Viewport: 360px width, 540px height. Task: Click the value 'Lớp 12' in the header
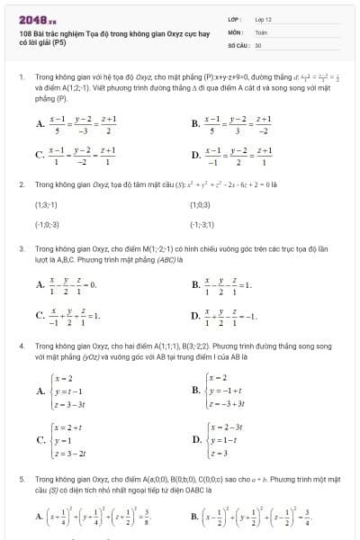[x=263, y=18]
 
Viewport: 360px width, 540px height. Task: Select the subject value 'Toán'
[x=261, y=31]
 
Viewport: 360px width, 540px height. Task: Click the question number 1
[x=20, y=78]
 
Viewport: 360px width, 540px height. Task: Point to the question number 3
[x=20, y=248]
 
